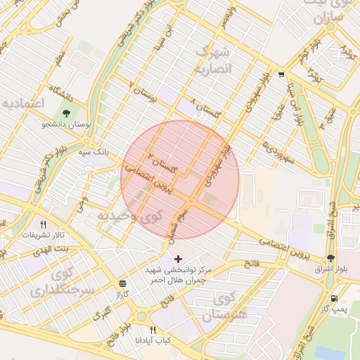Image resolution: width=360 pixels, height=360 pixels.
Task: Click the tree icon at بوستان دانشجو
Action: pyautogui.click(x=67, y=112)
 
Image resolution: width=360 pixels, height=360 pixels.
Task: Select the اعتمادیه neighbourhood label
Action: pyautogui.click(x=23, y=104)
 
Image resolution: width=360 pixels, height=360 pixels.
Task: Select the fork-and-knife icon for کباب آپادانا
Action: pyautogui.click(x=152, y=330)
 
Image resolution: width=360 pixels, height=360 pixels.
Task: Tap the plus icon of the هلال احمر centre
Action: pyautogui.click(x=178, y=259)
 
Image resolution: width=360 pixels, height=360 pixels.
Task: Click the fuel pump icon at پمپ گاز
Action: pyautogui.click(x=342, y=297)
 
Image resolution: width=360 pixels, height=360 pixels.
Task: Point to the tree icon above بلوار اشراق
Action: pyautogui.click(x=331, y=258)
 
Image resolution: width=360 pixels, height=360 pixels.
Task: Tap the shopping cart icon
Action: pyautogui.click(x=281, y=74)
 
